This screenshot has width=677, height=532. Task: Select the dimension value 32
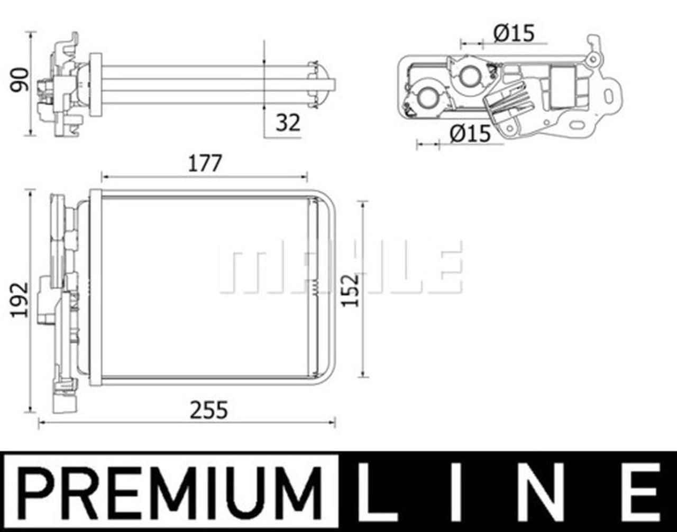click(288, 123)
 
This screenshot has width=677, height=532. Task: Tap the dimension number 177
click(205, 164)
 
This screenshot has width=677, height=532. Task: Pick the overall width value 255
click(209, 410)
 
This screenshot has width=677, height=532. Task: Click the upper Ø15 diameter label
click(514, 33)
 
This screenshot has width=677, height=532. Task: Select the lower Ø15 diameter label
click(470, 134)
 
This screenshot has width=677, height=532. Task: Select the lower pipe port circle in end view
click(427, 98)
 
